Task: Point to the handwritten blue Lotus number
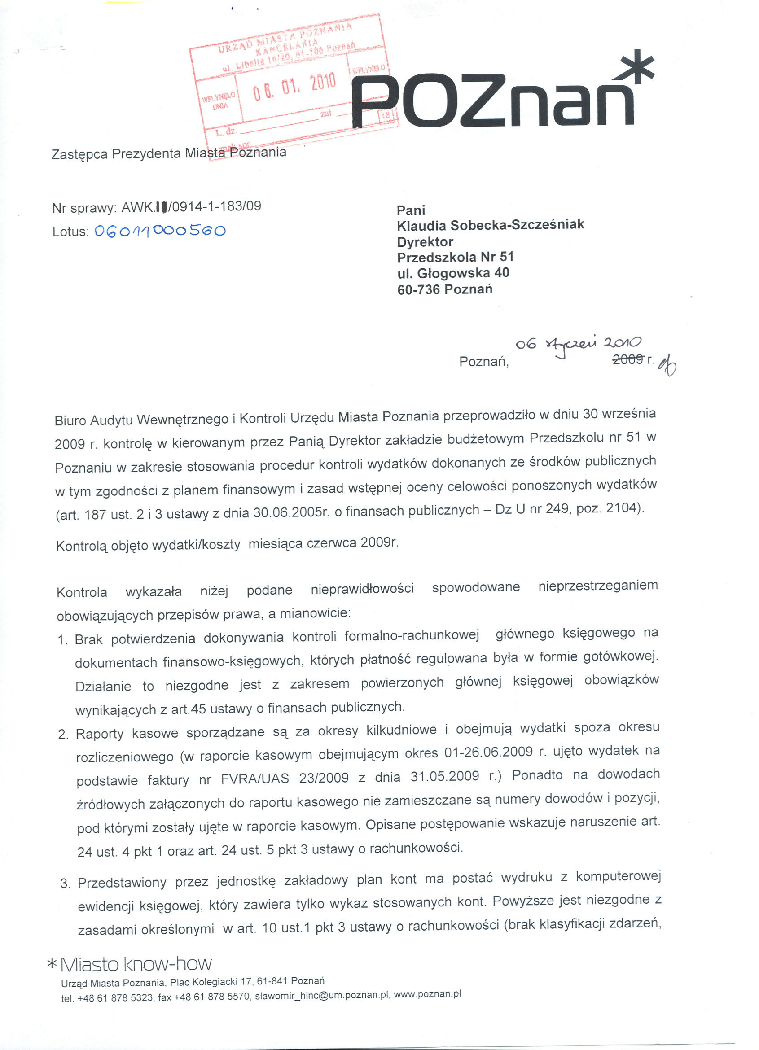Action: pyautogui.click(x=160, y=231)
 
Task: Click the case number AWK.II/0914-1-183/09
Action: pyautogui.click(x=191, y=206)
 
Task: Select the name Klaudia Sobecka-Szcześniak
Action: pyautogui.click(x=491, y=225)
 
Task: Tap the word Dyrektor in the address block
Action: pyautogui.click(x=425, y=242)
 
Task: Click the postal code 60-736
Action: pyautogui.click(x=419, y=290)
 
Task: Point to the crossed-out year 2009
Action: pyautogui.click(x=628, y=359)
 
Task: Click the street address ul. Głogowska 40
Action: pyautogui.click(x=453, y=273)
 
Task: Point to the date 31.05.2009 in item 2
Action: pyautogui.click(x=444, y=776)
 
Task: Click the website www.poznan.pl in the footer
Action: pyautogui.click(x=427, y=994)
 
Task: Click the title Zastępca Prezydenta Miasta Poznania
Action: pyautogui.click(x=169, y=153)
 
